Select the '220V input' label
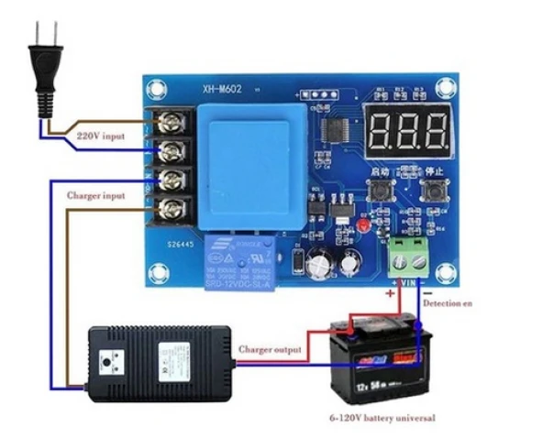(102, 136)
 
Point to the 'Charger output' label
(271, 349)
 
